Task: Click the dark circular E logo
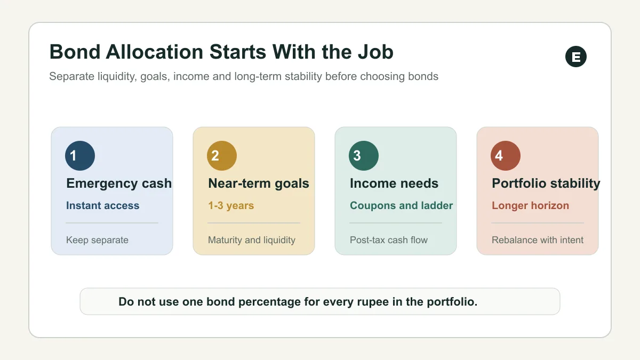(x=575, y=57)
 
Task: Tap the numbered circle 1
(x=80, y=156)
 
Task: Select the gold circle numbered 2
(x=222, y=156)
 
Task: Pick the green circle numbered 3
(x=364, y=156)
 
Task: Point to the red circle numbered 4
(x=506, y=156)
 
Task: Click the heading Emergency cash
(x=119, y=183)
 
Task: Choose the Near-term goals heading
(x=259, y=183)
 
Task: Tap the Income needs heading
(x=394, y=183)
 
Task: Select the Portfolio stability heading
(x=546, y=183)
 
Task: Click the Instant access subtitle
(x=102, y=205)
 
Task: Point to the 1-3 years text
(x=231, y=206)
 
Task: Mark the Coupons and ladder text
(x=402, y=205)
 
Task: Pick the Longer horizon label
(x=530, y=206)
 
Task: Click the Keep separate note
(x=97, y=240)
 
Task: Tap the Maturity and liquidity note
(x=252, y=240)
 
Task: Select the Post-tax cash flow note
(x=389, y=240)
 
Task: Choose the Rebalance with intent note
(x=538, y=240)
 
